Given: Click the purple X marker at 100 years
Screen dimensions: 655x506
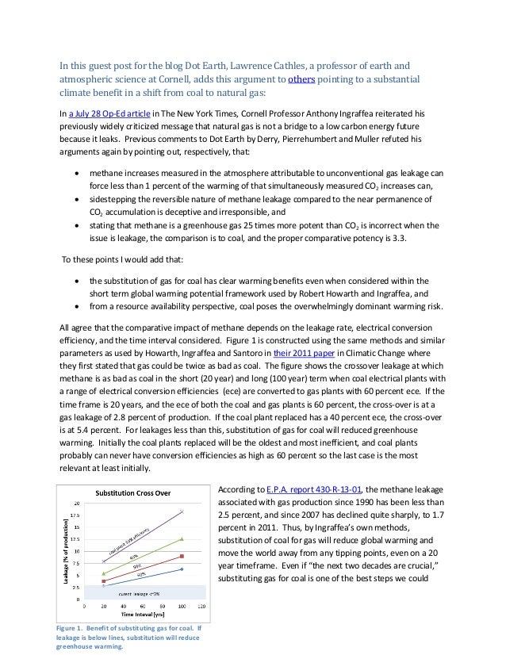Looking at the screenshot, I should [182, 511].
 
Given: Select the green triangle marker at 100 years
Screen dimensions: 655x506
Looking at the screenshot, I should [182, 539].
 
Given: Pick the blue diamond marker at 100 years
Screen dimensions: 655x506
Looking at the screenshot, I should [182, 569].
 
